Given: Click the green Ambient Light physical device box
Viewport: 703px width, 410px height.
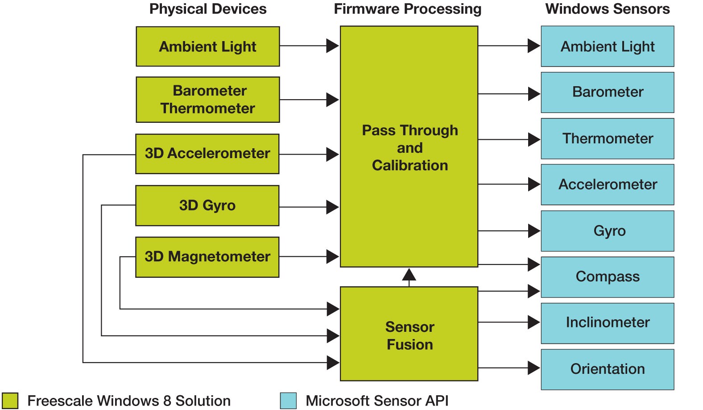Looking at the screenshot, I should point(207,46).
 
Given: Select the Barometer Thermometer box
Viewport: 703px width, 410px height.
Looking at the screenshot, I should point(207,100).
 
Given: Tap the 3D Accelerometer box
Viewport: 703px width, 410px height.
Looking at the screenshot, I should point(207,154).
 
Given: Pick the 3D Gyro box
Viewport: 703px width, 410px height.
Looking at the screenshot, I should point(207,205).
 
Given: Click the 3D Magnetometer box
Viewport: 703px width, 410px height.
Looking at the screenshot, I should point(207,257).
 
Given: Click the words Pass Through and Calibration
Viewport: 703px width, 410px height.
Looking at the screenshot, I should point(409,148).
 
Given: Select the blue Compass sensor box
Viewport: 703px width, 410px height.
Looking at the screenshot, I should point(607,277).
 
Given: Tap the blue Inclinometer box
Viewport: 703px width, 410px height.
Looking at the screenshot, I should point(607,323).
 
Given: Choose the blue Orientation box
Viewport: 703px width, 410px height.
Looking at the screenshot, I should point(607,369).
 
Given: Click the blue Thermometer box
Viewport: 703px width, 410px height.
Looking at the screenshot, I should point(607,138).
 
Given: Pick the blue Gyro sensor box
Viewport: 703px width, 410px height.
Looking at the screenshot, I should point(607,231).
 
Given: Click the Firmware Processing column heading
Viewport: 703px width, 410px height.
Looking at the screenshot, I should point(407,9).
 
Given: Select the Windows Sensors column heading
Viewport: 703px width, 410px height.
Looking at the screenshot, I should point(607,9).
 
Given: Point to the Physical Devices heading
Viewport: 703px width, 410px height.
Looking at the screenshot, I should point(207,9).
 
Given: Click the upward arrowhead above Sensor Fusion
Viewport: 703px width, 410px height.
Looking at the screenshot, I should point(409,274).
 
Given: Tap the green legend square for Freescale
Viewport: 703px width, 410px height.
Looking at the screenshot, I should point(10,401).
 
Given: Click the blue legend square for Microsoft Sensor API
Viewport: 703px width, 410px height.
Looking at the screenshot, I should point(288,401).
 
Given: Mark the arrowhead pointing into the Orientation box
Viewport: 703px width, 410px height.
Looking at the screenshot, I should point(533,368).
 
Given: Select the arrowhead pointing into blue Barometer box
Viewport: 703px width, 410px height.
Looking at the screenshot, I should point(533,94).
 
